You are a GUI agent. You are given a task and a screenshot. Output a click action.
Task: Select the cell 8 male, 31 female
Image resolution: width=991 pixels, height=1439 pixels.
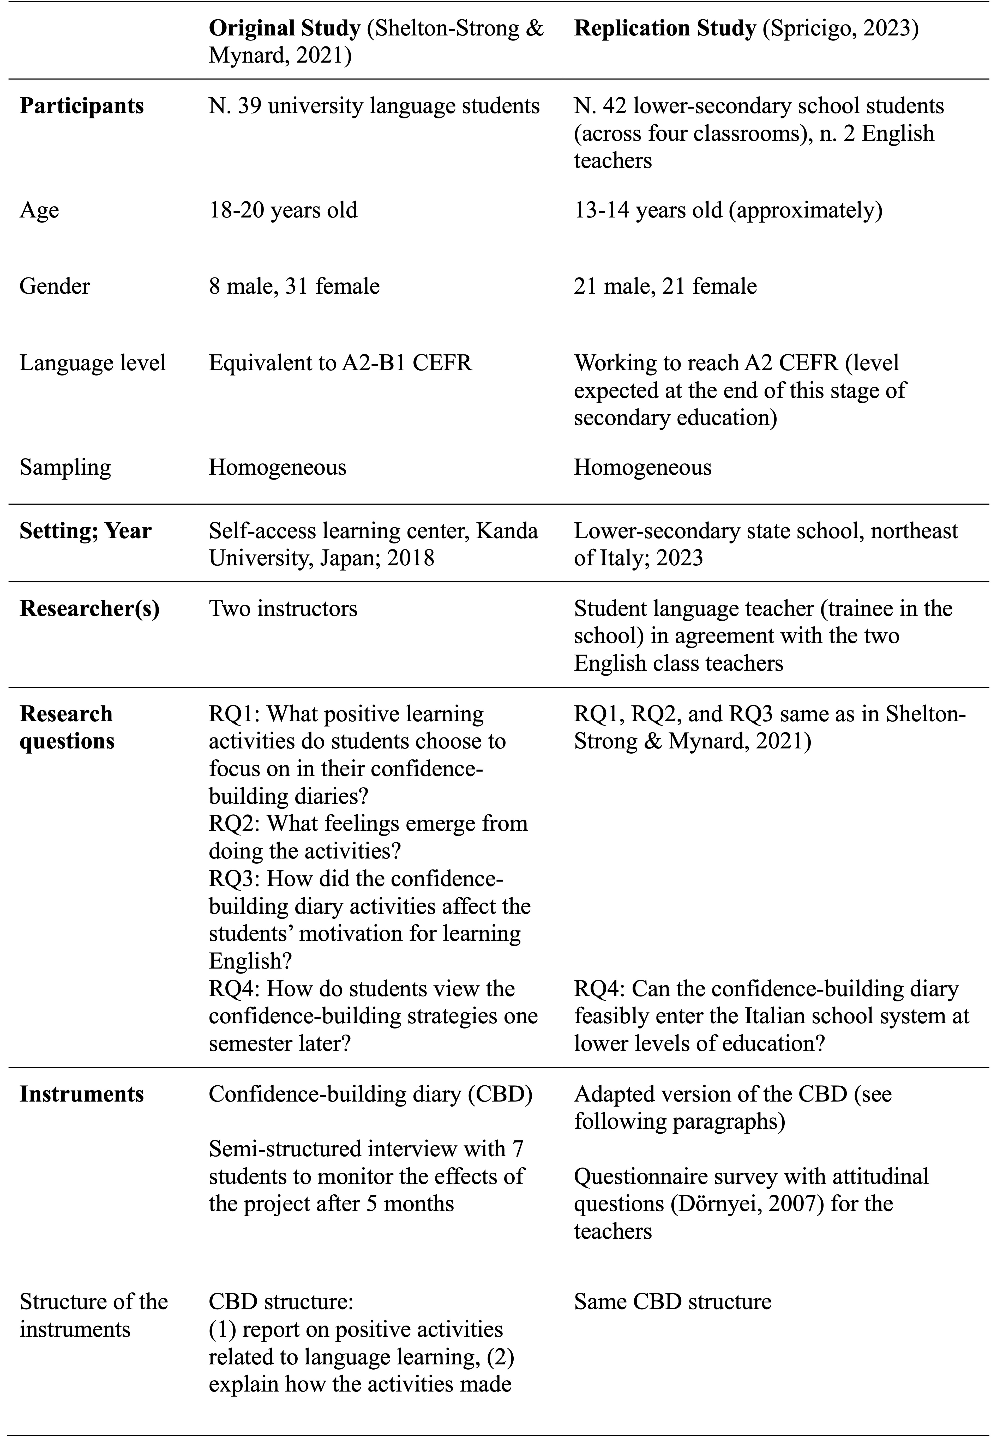(x=294, y=286)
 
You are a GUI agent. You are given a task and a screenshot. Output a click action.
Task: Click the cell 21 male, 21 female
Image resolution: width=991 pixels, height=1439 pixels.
(x=665, y=286)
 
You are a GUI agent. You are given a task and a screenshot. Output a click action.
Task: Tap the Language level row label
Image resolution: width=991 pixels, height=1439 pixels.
(x=93, y=362)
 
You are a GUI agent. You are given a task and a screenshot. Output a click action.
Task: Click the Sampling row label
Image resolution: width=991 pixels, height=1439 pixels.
(x=65, y=467)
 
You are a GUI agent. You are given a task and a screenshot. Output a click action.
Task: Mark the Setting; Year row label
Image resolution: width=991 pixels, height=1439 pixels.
(x=85, y=531)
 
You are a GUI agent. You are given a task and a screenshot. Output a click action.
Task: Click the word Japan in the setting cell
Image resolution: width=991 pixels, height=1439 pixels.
(x=351, y=558)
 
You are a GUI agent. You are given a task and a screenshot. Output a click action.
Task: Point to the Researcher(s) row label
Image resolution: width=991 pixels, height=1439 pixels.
(x=89, y=609)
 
